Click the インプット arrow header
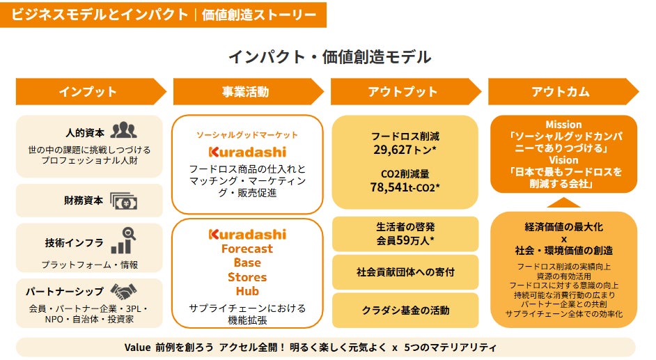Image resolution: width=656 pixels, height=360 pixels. click(91, 92)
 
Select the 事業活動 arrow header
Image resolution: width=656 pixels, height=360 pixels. click(248, 92)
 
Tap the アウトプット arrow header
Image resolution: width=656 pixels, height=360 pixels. click(405, 92)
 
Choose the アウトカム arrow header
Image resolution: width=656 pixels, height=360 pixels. click(563, 92)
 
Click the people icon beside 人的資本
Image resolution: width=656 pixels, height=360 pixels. click(123, 130)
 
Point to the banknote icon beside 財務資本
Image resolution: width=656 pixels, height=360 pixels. click(123, 201)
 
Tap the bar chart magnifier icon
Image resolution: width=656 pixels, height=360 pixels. click(123, 240)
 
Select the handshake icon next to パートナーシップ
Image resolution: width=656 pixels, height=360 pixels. click(123, 292)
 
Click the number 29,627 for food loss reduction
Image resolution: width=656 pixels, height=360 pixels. click(393, 150)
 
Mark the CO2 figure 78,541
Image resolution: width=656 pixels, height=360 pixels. click(390, 187)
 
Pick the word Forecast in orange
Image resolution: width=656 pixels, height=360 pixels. click(247, 249)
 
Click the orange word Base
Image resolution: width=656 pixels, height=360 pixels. click(247, 263)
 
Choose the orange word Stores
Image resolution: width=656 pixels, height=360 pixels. click(247, 277)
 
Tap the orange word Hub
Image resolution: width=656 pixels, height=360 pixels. click(247, 291)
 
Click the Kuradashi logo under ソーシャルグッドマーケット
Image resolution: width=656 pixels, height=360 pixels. click(247, 152)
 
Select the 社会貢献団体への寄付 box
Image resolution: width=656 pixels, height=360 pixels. click(405, 272)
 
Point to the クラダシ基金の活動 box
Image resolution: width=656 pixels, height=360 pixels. click(405, 311)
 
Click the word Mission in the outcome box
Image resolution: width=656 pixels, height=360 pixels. click(563, 125)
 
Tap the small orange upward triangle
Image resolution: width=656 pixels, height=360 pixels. click(563, 203)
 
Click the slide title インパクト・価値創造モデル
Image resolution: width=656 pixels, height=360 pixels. click(329, 57)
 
